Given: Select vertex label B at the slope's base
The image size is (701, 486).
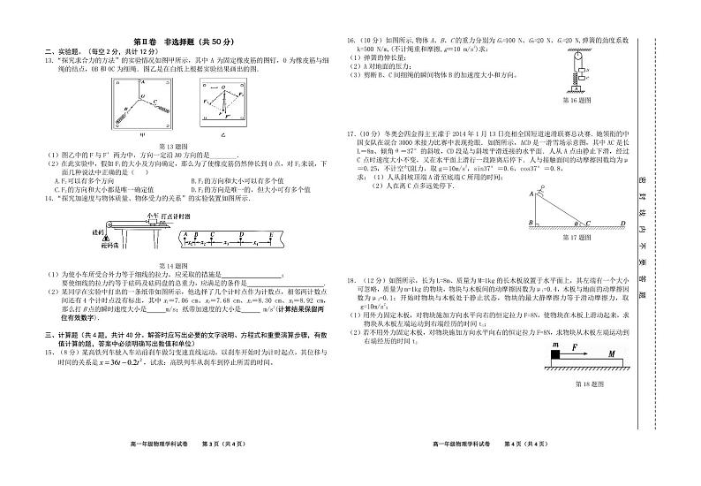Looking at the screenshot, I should pos(530,223).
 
